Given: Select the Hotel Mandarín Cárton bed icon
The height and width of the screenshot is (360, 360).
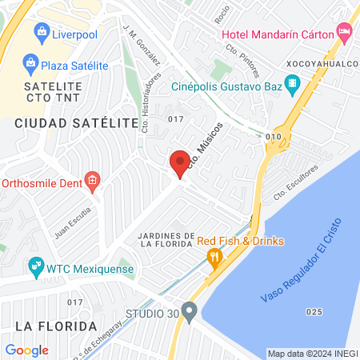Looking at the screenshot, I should tap(345, 34).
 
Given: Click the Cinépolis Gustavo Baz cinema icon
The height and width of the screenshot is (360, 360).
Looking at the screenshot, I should tap(293, 83).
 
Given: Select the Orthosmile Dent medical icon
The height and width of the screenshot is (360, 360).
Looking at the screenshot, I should tap(93, 180).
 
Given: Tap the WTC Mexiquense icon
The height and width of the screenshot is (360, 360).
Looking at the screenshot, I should tap(35, 265).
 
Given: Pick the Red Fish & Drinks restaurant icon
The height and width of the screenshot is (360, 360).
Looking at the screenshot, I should tap(214, 256).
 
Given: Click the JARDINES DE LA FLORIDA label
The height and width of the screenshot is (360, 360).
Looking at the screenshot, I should tap(166, 239).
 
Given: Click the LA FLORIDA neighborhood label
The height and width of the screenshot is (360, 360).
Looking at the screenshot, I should tap(56, 326).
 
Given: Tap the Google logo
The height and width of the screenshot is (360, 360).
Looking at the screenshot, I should tap(26, 350).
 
